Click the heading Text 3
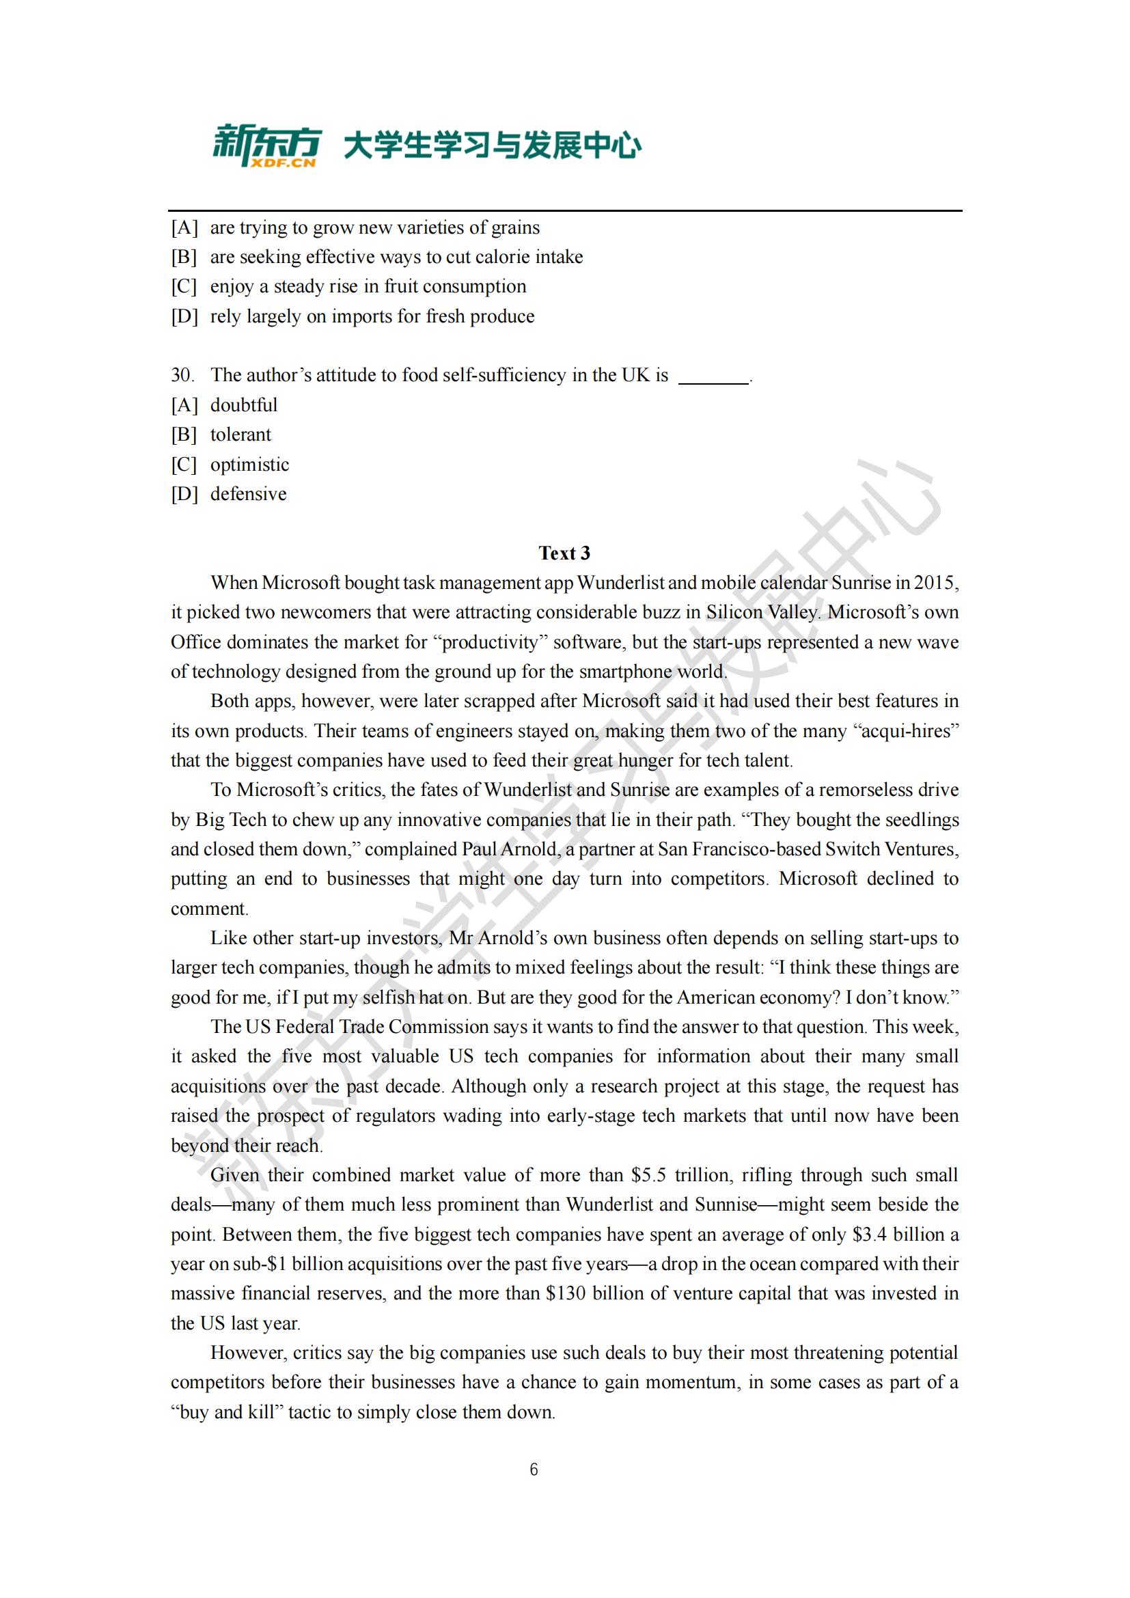564,553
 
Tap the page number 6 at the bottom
534,1470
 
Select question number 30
182,375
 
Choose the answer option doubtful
243,404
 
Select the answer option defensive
249,493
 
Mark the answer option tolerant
240,435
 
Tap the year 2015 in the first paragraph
936,583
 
